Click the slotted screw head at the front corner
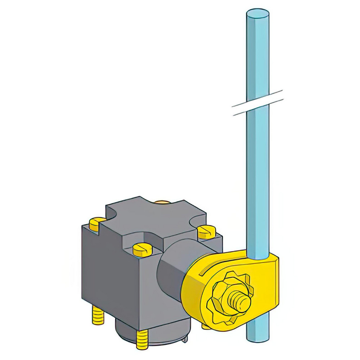[143, 248]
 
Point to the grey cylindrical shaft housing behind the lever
[173, 266]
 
